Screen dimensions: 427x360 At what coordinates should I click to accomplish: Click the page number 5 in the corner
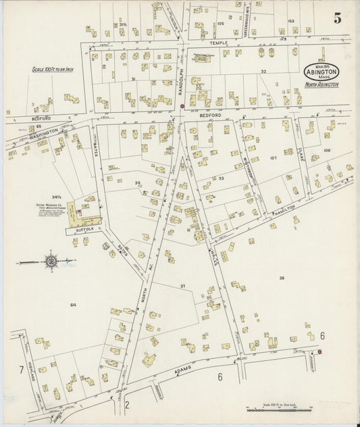pos(336,18)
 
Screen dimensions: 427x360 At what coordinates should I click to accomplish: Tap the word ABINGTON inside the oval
pos(326,71)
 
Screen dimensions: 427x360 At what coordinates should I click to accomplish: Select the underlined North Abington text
pos(322,84)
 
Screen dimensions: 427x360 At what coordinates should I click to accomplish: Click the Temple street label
pos(223,43)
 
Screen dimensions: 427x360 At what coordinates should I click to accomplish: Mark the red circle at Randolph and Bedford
pos(182,106)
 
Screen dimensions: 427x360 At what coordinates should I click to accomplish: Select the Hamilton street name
pos(284,209)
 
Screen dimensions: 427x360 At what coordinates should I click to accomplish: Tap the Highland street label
pos(31,373)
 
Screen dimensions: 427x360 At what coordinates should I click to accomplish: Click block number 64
pos(72,305)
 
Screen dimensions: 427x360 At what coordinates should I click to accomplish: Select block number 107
pos(273,158)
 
